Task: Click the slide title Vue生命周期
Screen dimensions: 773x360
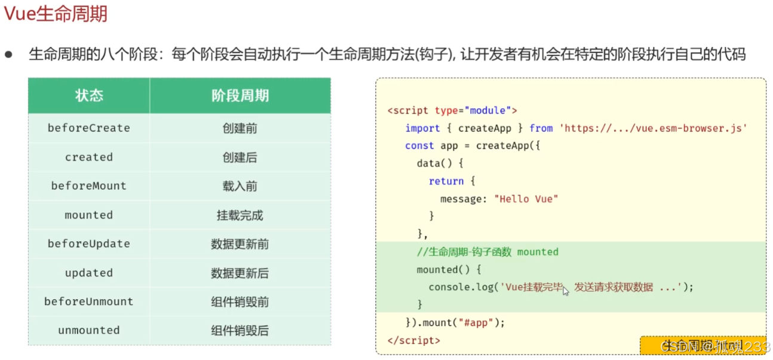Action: pos(56,13)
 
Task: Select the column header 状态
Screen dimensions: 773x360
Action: pos(89,96)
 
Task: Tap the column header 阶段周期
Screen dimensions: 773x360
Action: pos(240,96)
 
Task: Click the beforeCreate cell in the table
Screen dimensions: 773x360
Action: pos(89,128)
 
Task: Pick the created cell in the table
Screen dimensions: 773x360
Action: pos(89,157)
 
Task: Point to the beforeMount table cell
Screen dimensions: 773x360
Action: pos(89,186)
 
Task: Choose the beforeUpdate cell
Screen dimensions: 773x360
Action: pos(89,244)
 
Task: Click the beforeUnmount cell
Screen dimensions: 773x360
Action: pos(89,301)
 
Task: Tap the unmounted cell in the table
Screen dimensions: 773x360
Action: pos(89,330)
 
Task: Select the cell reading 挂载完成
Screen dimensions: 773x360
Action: pos(240,215)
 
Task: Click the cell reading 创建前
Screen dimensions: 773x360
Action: pos(240,128)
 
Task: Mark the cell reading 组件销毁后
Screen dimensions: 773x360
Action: pos(240,331)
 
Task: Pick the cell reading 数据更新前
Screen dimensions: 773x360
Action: pos(240,244)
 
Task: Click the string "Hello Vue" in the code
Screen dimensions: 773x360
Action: pos(526,199)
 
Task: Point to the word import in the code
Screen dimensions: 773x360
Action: pos(422,128)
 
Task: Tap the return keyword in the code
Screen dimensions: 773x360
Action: pos(446,181)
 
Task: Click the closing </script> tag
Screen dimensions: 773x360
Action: pos(413,340)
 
